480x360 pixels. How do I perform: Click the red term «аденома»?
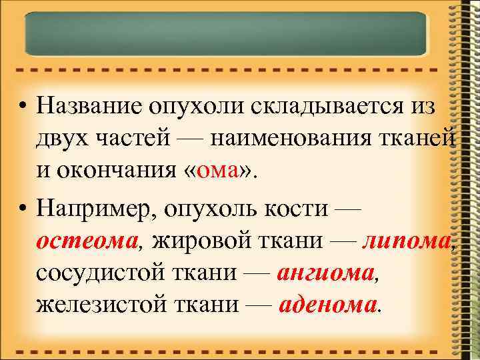[x=327, y=306]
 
